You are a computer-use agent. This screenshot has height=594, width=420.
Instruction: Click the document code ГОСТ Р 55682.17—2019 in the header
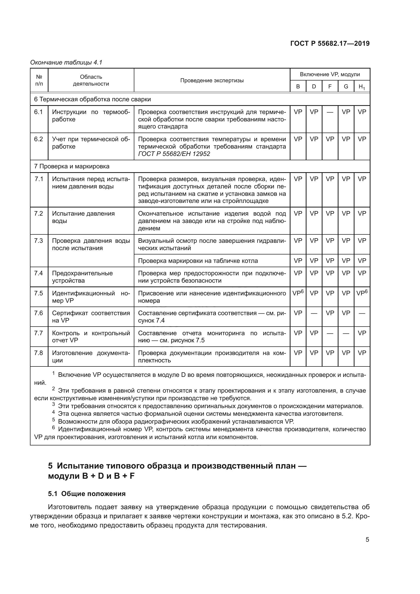330,43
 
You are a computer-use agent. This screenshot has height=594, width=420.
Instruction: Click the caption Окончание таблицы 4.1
66,62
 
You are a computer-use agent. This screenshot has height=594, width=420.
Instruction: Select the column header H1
362,87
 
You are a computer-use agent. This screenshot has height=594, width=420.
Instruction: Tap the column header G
346,86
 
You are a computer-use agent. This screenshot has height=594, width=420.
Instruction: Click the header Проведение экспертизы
212,81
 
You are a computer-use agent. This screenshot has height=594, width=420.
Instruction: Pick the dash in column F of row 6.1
330,112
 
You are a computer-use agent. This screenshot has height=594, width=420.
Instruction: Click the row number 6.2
39,139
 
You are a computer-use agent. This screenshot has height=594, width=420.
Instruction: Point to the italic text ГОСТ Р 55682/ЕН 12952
174,154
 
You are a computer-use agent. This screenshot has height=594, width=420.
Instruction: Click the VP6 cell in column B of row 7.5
298,293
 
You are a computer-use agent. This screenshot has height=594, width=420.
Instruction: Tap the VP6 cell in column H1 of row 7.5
362,293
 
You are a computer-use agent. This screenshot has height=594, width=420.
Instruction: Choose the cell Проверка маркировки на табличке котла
198,261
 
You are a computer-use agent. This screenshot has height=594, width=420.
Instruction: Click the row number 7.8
39,353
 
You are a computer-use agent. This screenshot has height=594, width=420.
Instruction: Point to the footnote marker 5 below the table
54,420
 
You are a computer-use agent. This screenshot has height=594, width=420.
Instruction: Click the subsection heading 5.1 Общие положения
87,494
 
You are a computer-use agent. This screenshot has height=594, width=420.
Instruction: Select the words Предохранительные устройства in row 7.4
82,277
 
